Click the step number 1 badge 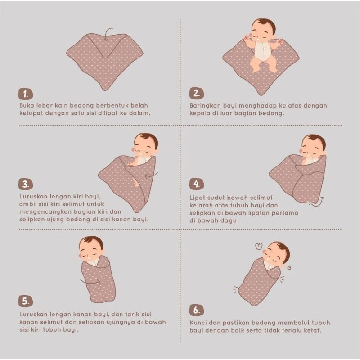26,94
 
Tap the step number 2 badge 196,94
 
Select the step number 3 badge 26,184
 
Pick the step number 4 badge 196,184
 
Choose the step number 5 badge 26,301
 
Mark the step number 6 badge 196,310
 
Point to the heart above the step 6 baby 259,246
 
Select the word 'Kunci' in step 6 198,323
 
